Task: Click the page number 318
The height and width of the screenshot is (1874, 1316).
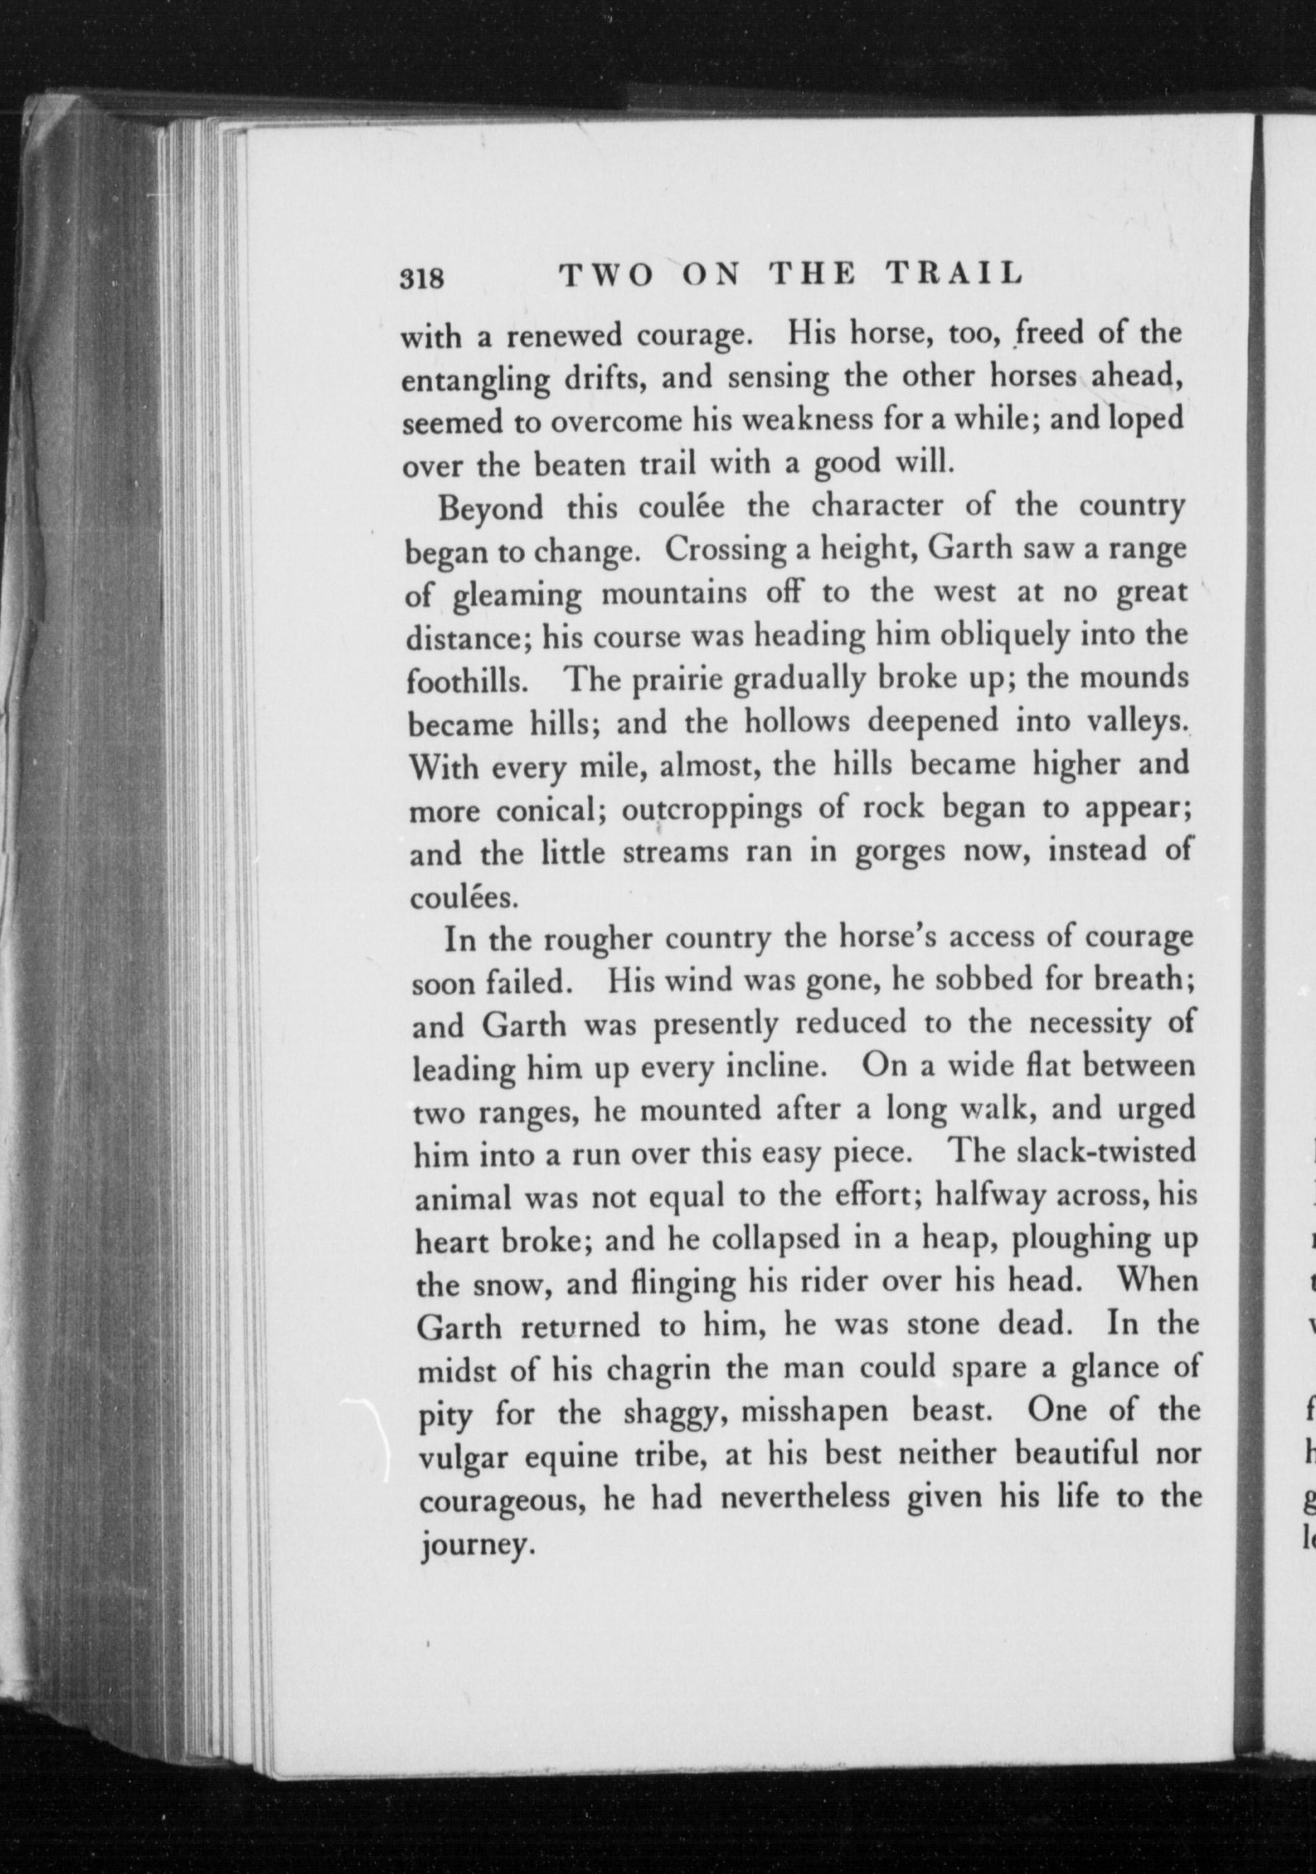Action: [420, 278]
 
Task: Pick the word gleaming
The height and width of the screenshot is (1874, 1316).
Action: [517, 596]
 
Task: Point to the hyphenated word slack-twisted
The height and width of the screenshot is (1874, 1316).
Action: [1073, 1152]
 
